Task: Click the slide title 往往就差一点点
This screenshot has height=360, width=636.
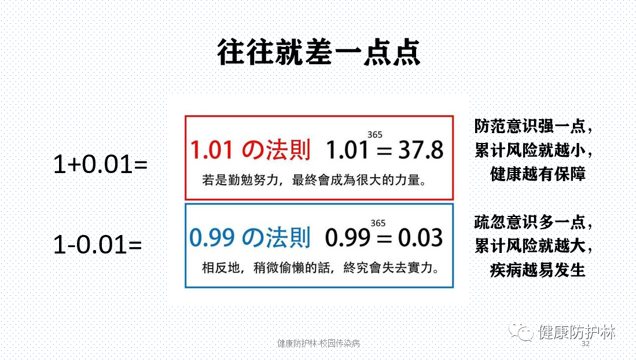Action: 319,53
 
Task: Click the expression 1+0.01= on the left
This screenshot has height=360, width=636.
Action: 101,164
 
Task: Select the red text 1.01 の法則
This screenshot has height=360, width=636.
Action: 250,149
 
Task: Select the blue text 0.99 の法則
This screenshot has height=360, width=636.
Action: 250,237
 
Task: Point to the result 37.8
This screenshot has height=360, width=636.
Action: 421,150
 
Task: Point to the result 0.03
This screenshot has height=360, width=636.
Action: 420,238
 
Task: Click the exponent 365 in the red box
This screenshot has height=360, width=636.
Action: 375,135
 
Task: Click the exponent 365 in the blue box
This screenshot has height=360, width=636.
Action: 378,223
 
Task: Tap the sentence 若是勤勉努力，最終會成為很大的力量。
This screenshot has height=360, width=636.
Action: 315,180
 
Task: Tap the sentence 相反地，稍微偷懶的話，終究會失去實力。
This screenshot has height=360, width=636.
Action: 321,268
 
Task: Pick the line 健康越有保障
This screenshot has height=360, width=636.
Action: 538,174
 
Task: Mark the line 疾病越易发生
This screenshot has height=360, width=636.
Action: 538,270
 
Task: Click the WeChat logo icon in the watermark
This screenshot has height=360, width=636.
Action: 521,332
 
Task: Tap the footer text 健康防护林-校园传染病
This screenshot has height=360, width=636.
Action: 318,343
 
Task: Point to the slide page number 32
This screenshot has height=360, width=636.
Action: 586,344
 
